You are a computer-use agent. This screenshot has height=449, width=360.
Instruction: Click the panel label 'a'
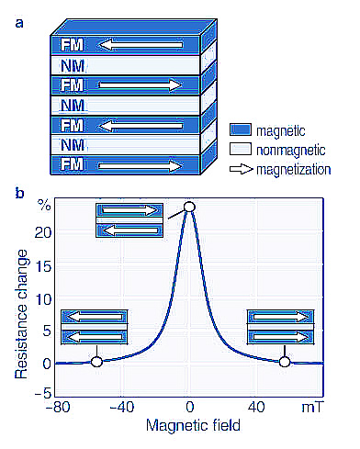(19, 23)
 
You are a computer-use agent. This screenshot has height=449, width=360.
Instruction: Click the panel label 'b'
(19, 193)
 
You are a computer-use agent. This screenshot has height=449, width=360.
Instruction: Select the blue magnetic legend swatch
(241, 129)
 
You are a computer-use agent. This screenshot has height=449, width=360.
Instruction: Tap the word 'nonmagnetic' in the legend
(291, 151)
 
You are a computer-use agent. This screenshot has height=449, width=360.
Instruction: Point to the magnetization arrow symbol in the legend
(242, 169)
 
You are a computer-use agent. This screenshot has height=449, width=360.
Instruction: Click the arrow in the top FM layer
(141, 45)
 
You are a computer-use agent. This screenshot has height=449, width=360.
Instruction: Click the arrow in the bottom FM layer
(141, 166)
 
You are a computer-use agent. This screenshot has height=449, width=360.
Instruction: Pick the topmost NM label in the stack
(73, 66)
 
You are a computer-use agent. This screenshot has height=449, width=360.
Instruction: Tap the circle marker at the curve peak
(189, 207)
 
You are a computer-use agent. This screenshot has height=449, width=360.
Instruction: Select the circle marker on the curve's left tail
(96, 362)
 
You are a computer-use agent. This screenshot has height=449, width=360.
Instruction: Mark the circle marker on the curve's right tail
(285, 362)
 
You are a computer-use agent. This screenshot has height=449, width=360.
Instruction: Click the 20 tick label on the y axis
(43, 233)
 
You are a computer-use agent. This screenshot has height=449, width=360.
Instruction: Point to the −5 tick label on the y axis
(42, 393)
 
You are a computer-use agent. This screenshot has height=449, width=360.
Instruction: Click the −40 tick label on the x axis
(122, 408)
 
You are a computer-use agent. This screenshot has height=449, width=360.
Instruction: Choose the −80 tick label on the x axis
(58, 408)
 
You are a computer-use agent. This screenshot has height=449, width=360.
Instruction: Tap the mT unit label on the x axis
(312, 408)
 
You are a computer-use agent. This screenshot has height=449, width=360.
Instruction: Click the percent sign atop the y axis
(44, 205)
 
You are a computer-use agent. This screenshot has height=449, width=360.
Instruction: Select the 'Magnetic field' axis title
(193, 425)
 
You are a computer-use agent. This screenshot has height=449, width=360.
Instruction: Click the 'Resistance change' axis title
(21, 314)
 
